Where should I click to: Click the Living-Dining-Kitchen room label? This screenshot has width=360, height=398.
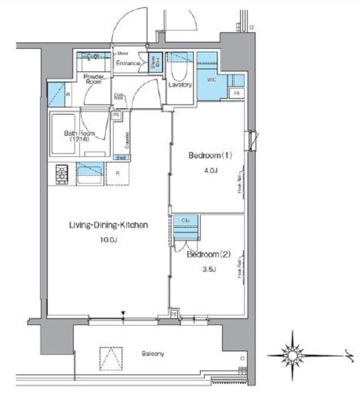point(108,225)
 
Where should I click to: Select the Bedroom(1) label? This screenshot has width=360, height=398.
point(210,156)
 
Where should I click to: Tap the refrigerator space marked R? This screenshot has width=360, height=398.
point(118,174)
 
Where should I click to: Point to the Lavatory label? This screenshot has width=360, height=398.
point(180,85)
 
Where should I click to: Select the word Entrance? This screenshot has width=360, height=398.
point(129,63)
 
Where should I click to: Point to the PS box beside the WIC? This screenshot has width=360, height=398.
point(236,93)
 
